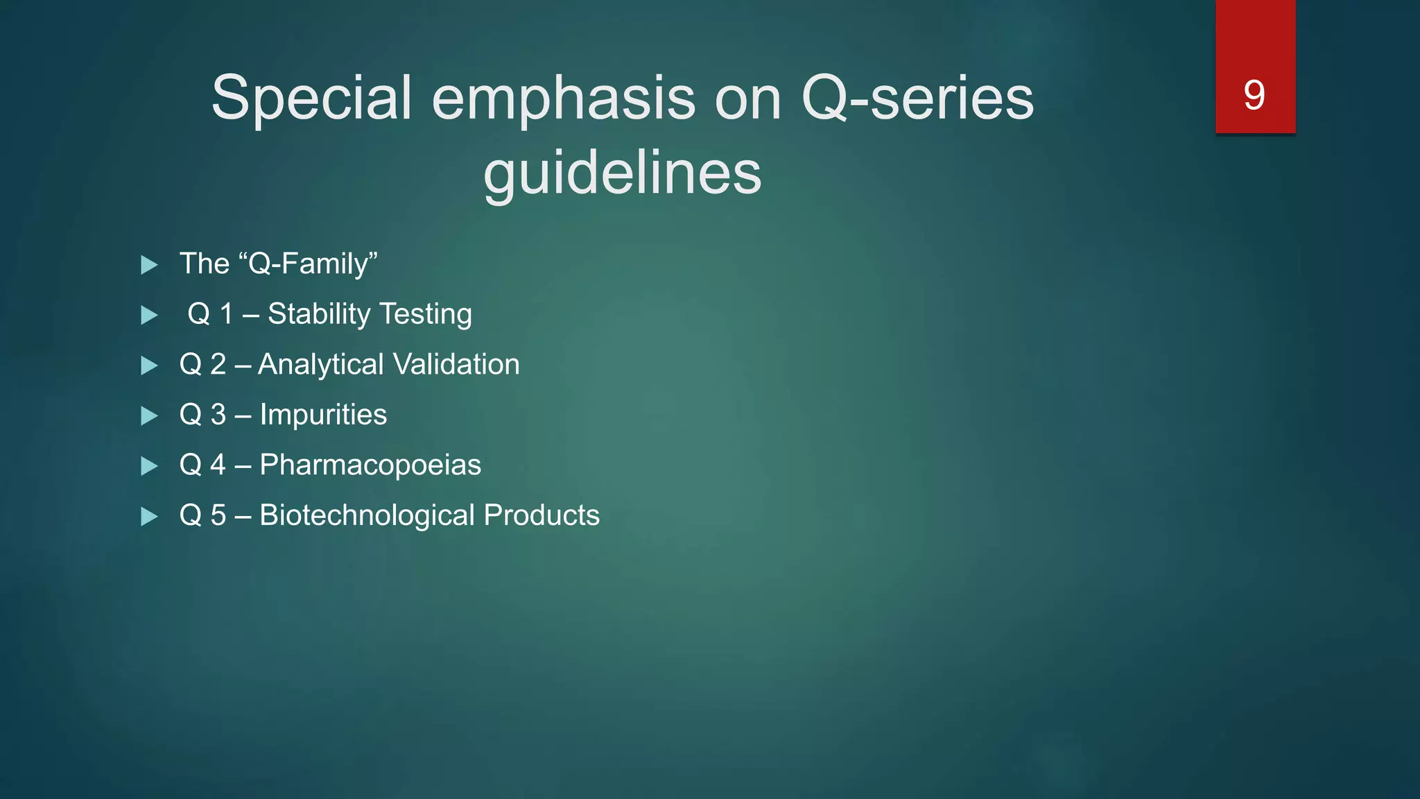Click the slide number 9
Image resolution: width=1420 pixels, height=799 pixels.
(1254, 95)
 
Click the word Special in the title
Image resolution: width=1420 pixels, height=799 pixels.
(311, 98)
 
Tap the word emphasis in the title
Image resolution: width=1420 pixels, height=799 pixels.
(563, 98)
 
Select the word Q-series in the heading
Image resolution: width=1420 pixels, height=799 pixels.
(917, 98)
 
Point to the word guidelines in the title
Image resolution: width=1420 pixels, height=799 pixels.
(622, 173)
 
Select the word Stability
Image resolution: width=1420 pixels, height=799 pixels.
(319, 314)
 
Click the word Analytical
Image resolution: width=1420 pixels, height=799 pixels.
(320, 365)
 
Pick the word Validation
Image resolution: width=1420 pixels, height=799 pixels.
(456, 365)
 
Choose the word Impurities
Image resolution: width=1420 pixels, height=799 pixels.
(323, 415)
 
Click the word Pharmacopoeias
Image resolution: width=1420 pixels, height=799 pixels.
(370, 465)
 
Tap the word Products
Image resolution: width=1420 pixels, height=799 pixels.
(541, 515)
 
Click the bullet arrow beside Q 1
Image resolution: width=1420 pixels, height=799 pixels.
(148, 316)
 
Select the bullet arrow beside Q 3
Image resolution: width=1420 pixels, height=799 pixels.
(148, 416)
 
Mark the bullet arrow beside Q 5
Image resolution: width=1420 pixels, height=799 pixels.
(148, 517)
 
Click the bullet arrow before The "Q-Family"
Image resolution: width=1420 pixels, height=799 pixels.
(148, 265)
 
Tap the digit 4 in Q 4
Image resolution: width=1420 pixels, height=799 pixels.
(218, 465)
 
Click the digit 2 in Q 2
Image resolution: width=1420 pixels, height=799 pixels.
(218, 365)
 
